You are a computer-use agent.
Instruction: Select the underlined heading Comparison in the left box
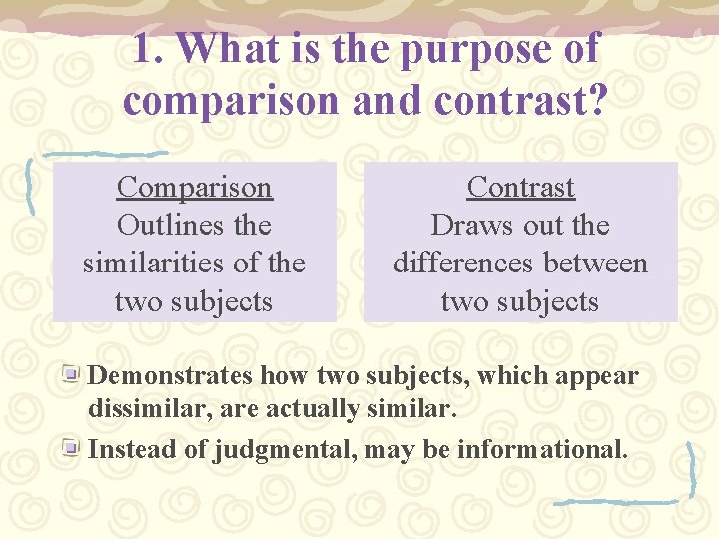[194, 187]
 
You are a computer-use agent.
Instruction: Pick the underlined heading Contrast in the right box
[520, 187]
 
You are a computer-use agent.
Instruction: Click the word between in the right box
[601, 264]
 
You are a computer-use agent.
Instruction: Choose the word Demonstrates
[171, 376]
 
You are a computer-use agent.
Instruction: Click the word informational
[542, 449]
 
